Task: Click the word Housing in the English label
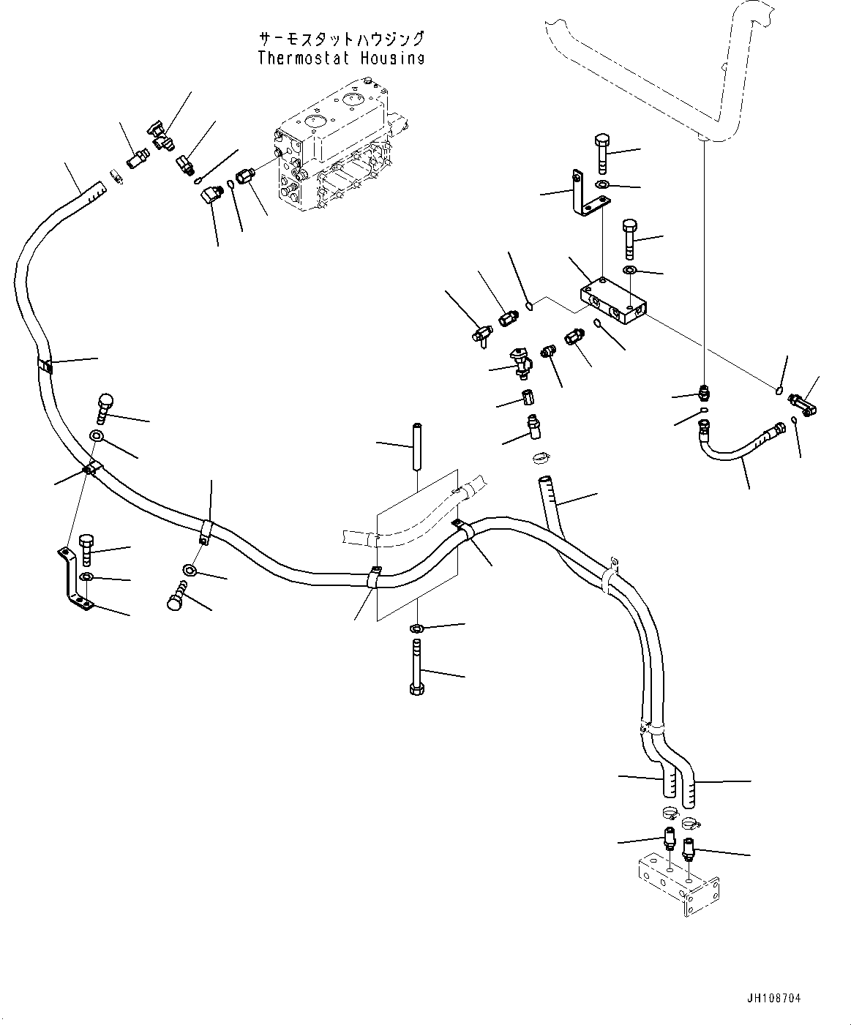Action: (x=393, y=58)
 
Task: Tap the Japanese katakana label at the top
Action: (x=340, y=39)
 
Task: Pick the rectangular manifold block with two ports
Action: (x=613, y=302)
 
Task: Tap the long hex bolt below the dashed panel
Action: (x=416, y=667)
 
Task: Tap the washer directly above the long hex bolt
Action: (x=416, y=628)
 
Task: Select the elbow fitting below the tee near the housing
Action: (x=211, y=195)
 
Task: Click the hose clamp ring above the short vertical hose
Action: (x=541, y=459)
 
